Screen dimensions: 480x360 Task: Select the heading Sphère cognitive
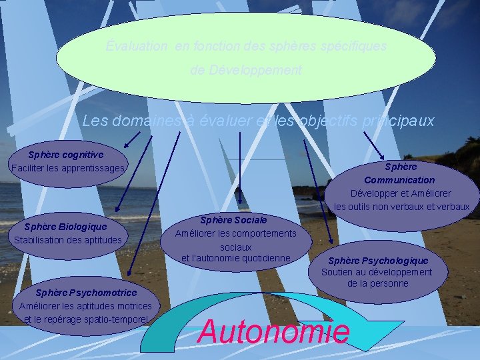coord(66,155)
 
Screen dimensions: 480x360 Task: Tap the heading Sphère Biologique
coord(65,227)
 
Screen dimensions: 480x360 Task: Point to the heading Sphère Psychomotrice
coord(86,293)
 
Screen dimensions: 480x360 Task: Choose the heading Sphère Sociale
coord(233,219)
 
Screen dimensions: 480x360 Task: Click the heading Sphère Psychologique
coord(378,260)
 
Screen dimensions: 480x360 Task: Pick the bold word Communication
coord(399,180)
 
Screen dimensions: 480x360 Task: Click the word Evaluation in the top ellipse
coord(137,47)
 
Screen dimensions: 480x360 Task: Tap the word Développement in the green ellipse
coord(245,70)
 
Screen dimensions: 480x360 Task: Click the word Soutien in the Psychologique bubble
coord(336,272)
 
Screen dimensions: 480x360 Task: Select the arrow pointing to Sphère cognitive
coord(131,139)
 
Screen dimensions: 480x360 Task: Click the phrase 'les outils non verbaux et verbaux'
coord(402,207)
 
